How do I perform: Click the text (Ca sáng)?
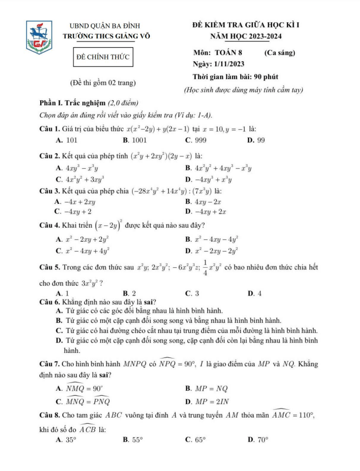click(x=279, y=53)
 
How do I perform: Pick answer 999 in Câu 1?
click(x=197, y=140)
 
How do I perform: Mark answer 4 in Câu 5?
click(x=257, y=292)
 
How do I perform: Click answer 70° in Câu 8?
click(x=259, y=439)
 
